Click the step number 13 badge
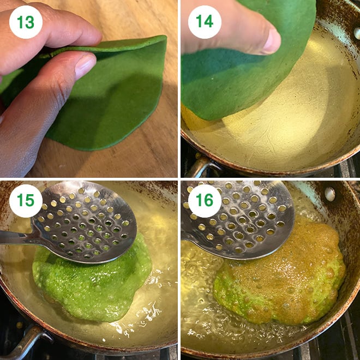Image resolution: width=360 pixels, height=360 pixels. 26,22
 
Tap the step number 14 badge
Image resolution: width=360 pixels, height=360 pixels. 205,22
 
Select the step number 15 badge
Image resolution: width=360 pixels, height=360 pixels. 26,201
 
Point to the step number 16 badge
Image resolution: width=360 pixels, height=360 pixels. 205,201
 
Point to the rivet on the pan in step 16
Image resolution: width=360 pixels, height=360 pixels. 329,193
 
